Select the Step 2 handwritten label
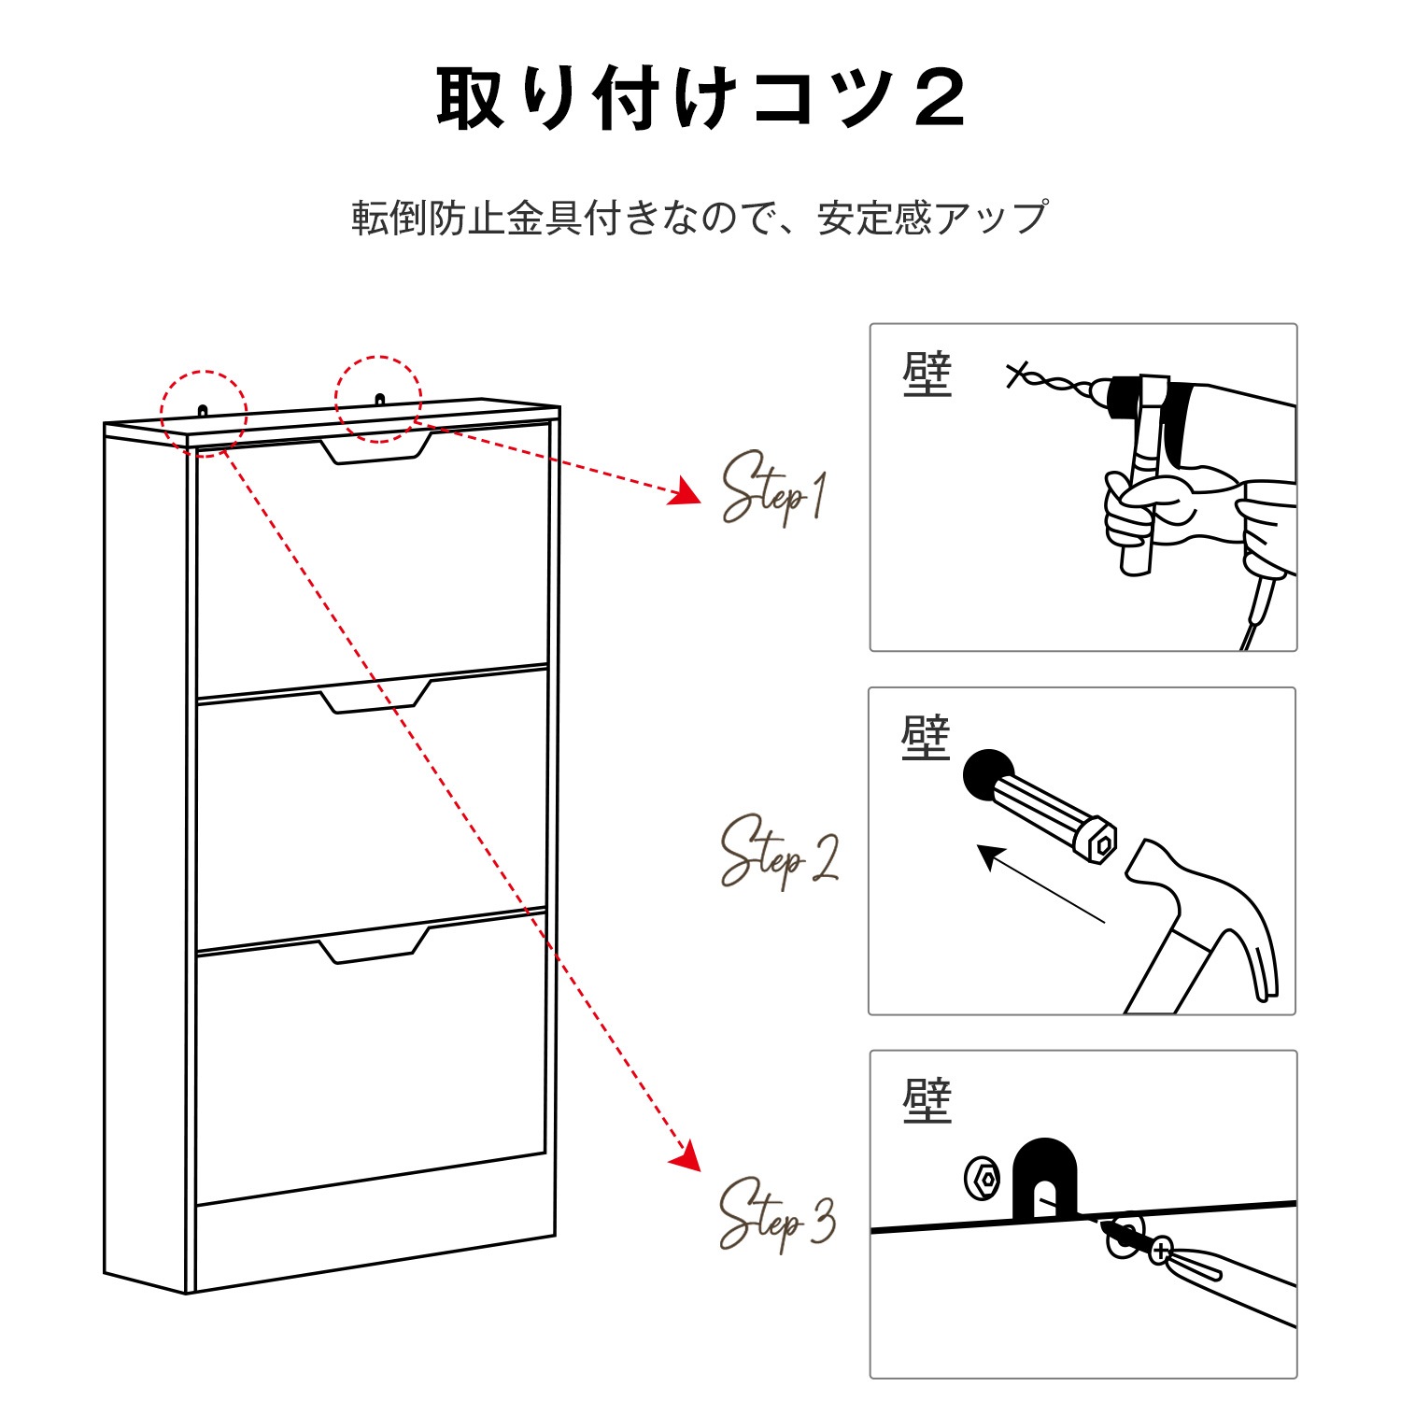[x=778, y=852]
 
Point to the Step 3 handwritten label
[x=776, y=1215]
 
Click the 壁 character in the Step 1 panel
[x=927, y=375]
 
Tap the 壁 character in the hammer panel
[x=926, y=738]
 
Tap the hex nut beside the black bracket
[x=982, y=1179]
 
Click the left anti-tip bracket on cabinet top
[x=203, y=410]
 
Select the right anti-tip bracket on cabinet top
[x=379, y=400]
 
